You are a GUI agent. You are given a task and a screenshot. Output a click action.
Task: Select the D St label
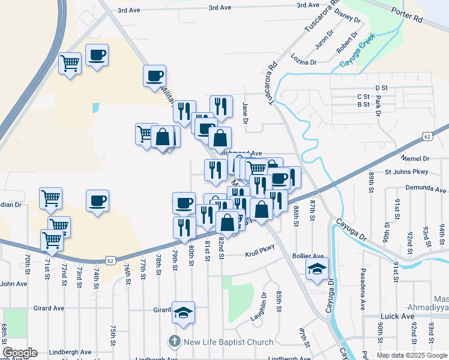coord(382,88)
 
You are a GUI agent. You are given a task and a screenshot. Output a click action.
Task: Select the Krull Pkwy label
coord(259,254)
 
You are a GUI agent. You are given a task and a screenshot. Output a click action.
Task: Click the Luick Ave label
coord(397,316)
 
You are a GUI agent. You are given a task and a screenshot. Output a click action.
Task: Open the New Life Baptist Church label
coord(228,342)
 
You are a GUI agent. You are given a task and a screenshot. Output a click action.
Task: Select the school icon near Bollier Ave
coord(318,269)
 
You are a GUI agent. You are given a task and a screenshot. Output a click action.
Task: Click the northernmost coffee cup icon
coord(97,55)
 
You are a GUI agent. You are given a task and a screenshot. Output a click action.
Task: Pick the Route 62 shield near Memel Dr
coord(427,137)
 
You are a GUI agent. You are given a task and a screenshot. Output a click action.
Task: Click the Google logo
coord(20,353)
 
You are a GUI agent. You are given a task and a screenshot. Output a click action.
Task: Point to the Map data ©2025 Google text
coord(411,355)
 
